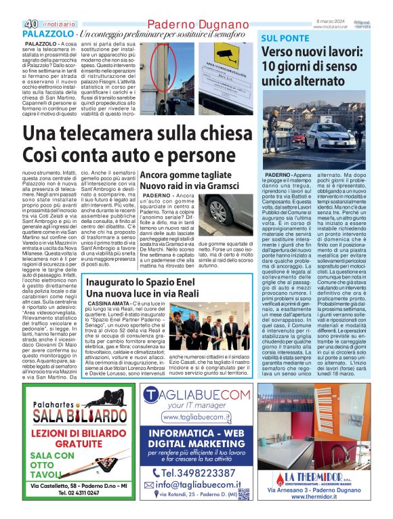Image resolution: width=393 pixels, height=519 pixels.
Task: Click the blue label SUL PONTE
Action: coord(283,37)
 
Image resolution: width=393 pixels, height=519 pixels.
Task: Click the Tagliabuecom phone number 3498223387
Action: coord(203,472)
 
